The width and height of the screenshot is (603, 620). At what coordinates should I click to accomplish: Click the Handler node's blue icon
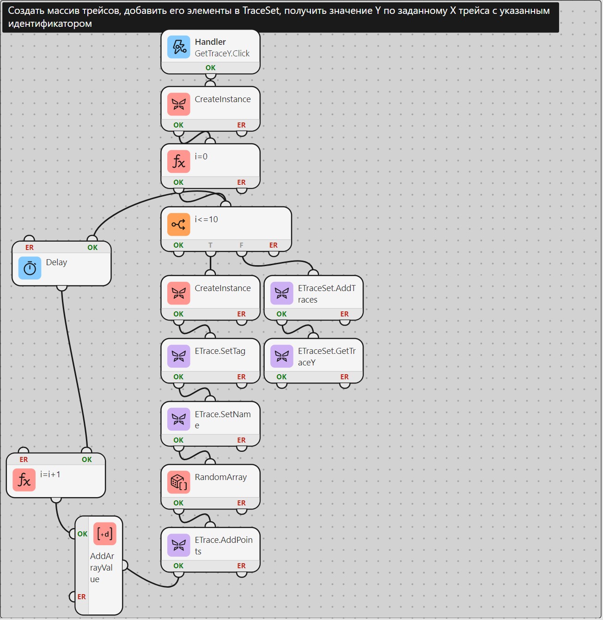[178, 47]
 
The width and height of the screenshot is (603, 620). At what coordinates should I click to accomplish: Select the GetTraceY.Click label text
[222, 54]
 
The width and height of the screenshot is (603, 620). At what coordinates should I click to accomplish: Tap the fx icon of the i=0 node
[178, 162]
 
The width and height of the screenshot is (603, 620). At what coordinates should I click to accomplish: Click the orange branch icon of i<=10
[178, 224]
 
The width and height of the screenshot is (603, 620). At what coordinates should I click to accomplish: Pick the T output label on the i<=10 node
[210, 245]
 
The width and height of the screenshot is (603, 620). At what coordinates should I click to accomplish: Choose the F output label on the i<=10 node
[241, 245]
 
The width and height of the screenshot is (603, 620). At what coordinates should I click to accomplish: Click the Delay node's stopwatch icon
[30, 268]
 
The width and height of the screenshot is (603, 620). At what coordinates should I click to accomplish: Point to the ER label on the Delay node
[29, 247]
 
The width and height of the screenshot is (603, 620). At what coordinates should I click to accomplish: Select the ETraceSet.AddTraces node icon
[282, 293]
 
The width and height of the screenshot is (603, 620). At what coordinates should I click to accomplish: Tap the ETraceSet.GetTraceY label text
[327, 357]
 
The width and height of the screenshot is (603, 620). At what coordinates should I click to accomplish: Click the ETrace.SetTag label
[220, 351]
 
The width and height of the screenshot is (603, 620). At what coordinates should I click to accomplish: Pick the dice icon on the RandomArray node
[178, 482]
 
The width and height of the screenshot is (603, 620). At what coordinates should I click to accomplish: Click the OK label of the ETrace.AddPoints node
[178, 565]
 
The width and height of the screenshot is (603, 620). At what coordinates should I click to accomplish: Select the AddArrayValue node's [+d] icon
[105, 534]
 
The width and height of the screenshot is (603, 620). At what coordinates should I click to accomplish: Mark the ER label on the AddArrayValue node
[82, 596]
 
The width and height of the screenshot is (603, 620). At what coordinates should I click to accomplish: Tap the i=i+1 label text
[50, 474]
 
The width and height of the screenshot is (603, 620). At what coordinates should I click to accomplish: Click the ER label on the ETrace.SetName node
[241, 440]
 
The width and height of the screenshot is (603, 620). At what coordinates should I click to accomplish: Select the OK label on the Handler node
[210, 67]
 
